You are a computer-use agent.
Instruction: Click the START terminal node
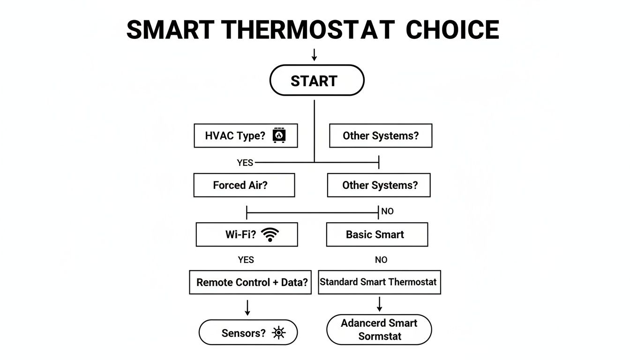316,81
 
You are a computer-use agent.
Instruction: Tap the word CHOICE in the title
452,30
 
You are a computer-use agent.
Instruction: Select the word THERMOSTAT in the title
308,30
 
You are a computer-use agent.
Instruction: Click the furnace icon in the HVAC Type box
279,135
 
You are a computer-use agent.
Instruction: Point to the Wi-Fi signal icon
270,234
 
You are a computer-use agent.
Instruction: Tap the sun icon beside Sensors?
279,333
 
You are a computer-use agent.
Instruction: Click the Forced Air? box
244,185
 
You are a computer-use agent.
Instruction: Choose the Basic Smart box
377,234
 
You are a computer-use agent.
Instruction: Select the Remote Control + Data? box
250,282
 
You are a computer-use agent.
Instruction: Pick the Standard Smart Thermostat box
379,282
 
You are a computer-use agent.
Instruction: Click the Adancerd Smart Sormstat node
379,330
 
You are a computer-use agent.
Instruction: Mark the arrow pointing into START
314,55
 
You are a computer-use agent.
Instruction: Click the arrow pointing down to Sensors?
247,308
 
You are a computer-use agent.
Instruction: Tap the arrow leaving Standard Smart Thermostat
379,304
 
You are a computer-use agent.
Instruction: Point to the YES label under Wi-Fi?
246,260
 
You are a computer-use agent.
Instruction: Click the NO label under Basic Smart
381,260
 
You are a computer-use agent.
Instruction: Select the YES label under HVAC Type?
245,163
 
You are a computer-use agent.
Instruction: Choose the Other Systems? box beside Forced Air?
378,185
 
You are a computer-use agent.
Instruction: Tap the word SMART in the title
170,30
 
